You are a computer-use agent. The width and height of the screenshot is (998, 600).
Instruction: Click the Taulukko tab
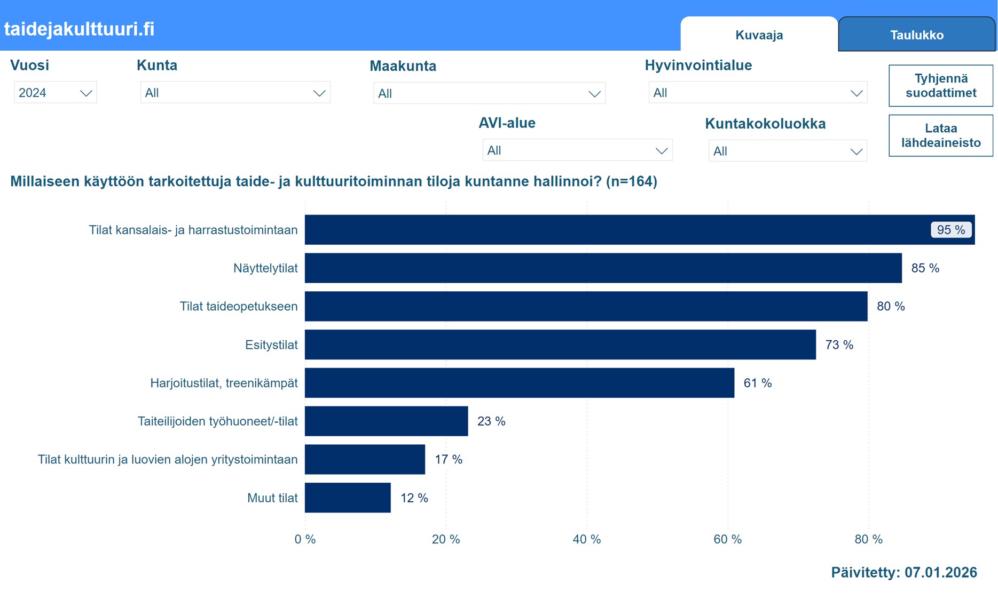coord(916,35)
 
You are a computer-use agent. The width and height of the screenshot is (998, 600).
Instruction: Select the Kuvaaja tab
coord(759,35)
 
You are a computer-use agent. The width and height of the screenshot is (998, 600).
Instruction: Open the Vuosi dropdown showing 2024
coord(55,93)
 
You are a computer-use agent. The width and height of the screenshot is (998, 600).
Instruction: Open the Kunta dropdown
coord(235,93)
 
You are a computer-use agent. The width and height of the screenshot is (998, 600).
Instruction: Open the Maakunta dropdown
coord(489,93)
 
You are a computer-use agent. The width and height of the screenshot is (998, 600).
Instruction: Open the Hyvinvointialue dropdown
coord(757,93)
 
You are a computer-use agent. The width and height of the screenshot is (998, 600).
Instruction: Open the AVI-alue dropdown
coord(577,150)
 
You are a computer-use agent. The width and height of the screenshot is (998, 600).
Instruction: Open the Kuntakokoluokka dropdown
coord(787,151)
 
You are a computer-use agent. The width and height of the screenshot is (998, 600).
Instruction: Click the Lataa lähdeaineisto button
coord(940,135)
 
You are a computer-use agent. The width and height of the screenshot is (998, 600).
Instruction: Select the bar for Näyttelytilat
coord(603,268)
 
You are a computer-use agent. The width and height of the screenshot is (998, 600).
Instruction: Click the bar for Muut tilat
coord(348,498)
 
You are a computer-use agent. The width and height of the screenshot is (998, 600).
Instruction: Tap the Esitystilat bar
coord(560,345)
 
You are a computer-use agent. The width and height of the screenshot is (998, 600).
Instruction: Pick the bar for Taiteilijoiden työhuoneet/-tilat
coord(386,421)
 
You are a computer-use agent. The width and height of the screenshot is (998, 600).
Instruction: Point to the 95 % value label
coord(951,230)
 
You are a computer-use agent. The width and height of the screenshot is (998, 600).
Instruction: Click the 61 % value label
coord(757,383)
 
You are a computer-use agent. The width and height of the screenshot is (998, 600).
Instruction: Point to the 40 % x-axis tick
coord(586,539)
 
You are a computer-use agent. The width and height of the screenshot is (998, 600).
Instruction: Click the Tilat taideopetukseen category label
coord(238,306)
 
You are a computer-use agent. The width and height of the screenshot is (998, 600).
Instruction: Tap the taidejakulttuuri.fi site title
coord(79,29)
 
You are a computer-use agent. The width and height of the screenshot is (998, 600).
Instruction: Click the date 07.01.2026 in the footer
coord(940,572)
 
